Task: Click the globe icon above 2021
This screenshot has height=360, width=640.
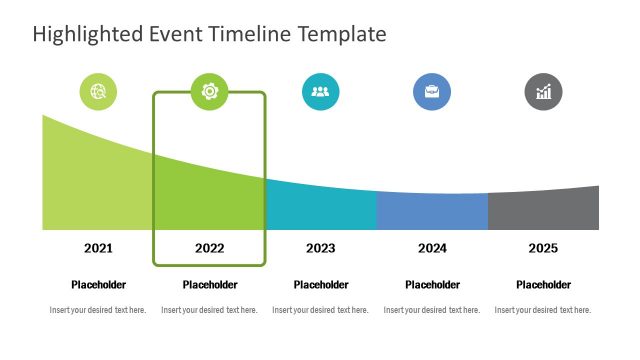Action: pos(98,92)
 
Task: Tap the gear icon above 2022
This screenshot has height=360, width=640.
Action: pos(210,92)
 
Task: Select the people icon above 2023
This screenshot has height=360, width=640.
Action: pos(321,92)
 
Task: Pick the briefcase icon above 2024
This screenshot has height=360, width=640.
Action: pos(432,92)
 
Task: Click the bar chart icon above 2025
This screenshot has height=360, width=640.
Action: pos(543,92)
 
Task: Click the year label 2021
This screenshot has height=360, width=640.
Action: pos(98,248)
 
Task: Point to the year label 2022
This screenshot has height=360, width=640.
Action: pos(210,248)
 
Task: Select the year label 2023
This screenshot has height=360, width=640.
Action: pos(321,248)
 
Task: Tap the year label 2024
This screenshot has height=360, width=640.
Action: pos(432,248)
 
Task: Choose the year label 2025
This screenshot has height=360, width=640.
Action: pos(543,248)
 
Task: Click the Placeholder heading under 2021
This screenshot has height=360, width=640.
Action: pos(98,285)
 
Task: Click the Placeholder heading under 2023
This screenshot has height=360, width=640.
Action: pos(321,285)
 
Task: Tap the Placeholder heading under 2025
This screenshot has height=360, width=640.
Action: pos(543,285)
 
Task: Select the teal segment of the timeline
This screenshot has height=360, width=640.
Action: pos(321,210)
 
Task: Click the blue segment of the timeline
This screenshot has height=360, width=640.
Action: pos(432,212)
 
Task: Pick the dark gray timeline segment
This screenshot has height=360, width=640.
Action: pos(543,210)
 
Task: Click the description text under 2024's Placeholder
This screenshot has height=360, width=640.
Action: pos(432,310)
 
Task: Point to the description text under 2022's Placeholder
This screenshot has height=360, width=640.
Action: pos(210,310)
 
